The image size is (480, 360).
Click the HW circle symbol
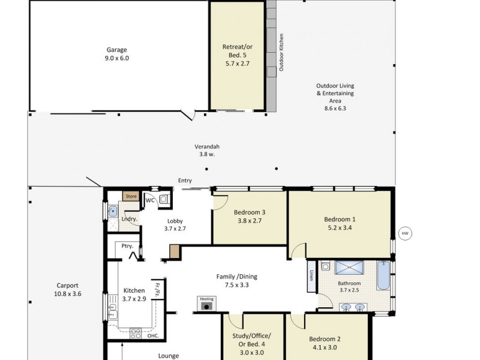click(x=405, y=233)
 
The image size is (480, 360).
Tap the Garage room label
click(x=116, y=50)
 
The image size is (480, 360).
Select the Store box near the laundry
click(x=131, y=196)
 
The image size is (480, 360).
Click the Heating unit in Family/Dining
click(x=206, y=304)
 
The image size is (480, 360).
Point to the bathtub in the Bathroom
click(x=383, y=275)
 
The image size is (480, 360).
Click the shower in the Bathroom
click(x=349, y=268)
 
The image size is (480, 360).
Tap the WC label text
click(x=150, y=200)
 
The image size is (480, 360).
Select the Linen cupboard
click(x=311, y=276)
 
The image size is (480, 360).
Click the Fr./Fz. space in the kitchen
click(x=158, y=289)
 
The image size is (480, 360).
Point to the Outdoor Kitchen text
click(x=281, y=52)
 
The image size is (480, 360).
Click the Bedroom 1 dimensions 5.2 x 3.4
click(x=340, y=228)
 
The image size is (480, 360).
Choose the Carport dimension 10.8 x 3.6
click(x=68, y=294)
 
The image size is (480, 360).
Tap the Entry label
click(x=185, y=181)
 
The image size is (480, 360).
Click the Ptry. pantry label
click(x=127, y=246)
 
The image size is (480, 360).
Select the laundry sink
click(x=113, y=211)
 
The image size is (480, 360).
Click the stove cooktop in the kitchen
click(x=136, y=334)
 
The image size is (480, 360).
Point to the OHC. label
click(x=153, y=336)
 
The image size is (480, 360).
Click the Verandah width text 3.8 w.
click(x=207, y=154)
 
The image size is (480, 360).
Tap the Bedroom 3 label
click(x=250, y=212)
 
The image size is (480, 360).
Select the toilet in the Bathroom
click(x=325, y=266)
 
